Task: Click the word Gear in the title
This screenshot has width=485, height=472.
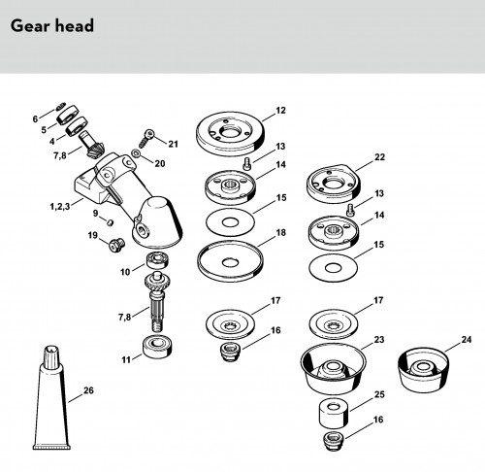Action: [30, 26]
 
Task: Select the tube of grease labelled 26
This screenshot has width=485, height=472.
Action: [51, 398]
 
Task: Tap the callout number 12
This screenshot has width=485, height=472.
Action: [280, 111]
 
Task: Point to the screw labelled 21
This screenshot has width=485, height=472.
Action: [145, 138]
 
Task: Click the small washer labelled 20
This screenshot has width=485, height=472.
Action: [136, 152]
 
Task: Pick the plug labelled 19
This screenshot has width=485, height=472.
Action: [116, 245]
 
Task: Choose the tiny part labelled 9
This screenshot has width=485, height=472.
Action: [111, 222]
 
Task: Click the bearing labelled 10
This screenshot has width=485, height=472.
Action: [158, 260]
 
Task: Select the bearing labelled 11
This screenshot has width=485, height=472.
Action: [157, 347]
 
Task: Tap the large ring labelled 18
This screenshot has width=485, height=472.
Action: [230, 261]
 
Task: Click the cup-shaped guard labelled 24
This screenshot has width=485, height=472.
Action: [423, 369]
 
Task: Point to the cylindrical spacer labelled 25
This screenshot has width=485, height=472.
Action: [334, 414]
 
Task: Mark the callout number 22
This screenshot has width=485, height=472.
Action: [379, 157]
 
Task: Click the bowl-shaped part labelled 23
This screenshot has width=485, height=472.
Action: [333, 369]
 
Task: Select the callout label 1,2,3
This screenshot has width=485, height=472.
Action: [60, 206]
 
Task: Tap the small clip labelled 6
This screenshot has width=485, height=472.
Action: [61, 106]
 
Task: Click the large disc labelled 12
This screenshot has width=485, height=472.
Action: [230, 134]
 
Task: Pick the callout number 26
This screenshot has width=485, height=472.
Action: [88, 390]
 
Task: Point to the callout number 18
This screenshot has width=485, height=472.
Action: [280, 232]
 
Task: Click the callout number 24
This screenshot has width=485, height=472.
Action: [466, 339]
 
